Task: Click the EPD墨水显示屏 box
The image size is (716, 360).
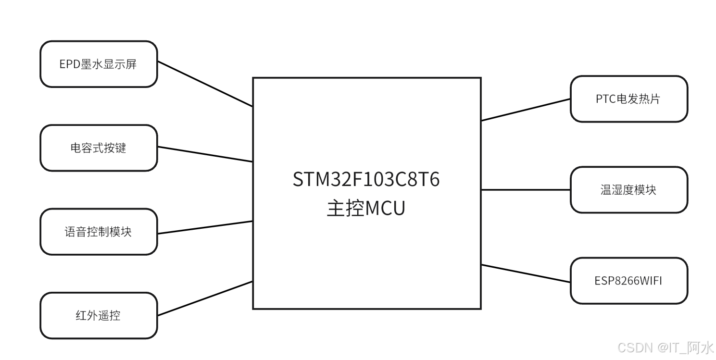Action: click(99, 64)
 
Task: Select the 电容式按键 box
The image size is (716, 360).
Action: click(99, 148)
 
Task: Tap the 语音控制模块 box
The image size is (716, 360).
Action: click(99, 232)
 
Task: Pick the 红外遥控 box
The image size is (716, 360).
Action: click(99, 316)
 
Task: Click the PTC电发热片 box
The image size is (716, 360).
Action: click(628, 99)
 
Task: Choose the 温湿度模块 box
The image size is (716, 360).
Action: click(628, 190)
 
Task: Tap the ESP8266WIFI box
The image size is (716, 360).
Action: click(628, 281)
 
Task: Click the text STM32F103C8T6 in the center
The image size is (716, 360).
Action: click(366, 180)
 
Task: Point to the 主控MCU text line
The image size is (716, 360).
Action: click(366, 209)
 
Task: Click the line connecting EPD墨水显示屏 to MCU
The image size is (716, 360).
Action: click(205, 84)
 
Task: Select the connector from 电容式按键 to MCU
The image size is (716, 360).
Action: click(205, 154)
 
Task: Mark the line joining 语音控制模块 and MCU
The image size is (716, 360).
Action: click(205, 227)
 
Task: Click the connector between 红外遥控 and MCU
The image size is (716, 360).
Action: click(205, 298)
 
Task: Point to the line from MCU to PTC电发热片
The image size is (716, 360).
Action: click(526, 110)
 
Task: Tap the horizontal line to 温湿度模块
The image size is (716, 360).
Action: click(526, 190)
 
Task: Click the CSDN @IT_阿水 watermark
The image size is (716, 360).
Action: click(666, 348)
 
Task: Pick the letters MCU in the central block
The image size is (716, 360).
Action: click(385, 209)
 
